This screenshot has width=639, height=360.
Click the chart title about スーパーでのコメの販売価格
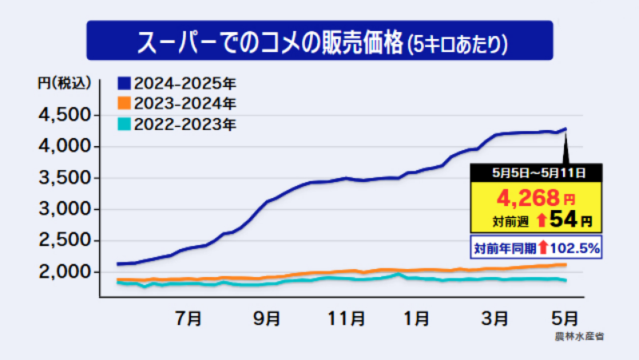pos(319,41)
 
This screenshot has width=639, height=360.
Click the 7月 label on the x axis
pos(188,318)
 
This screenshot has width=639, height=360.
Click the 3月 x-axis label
pos(495,318)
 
